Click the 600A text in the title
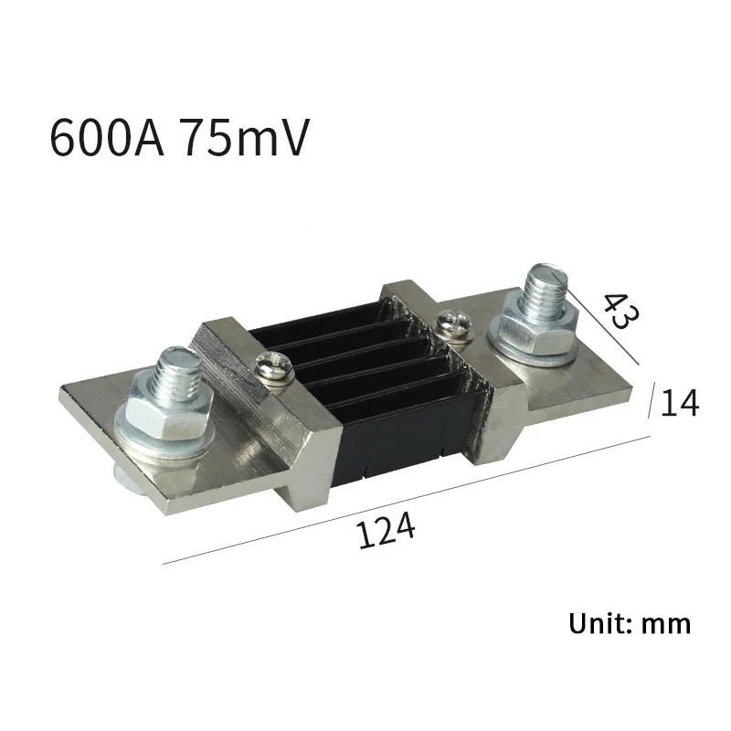[x=107, y=138]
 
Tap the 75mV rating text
[x=244, y=138]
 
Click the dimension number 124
[x=386, y=530]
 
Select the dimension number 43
[x=621, y=311]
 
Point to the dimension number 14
[x=680, y=403]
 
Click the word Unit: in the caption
[x=600, y=623]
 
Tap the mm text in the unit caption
[x=666, y=625]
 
